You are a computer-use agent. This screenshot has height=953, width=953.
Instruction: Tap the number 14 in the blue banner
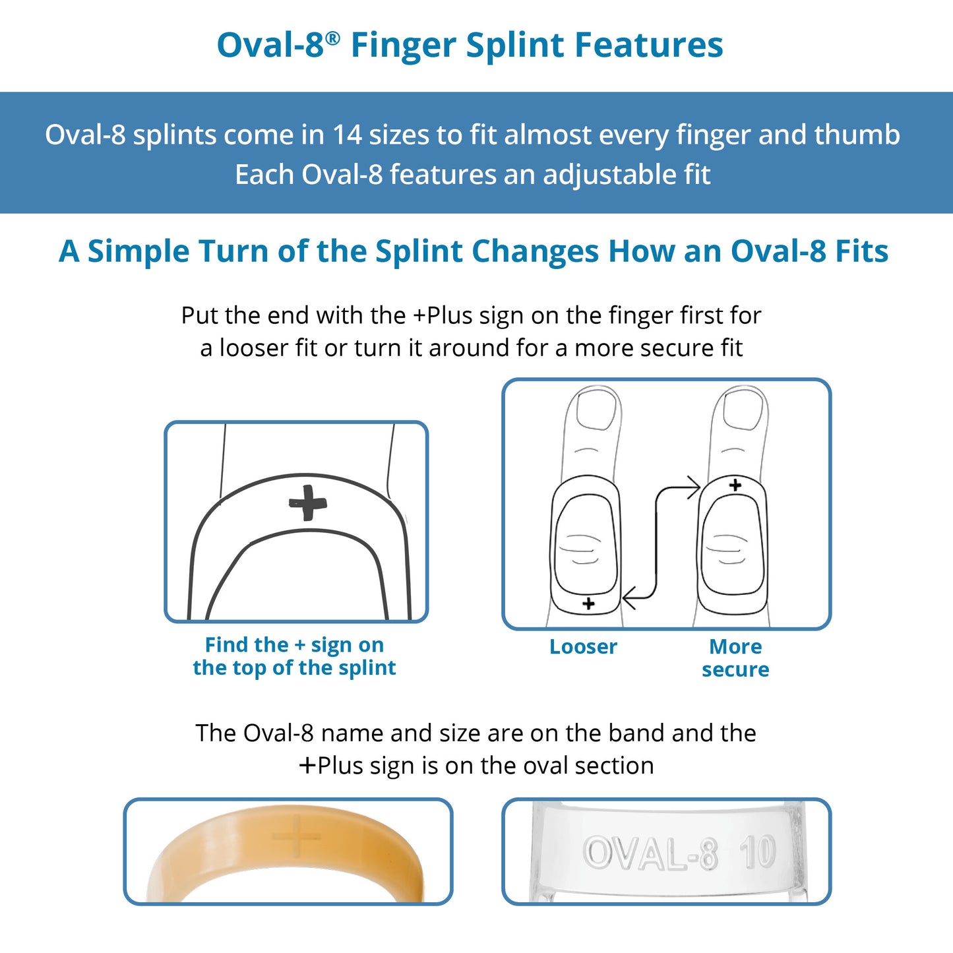coord(347,135)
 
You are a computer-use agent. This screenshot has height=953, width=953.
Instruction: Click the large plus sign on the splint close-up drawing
coord(307,503)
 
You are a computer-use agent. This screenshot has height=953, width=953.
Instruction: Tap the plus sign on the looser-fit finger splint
coord(589,603)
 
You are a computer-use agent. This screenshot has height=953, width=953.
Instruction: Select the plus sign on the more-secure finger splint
coord(735,485)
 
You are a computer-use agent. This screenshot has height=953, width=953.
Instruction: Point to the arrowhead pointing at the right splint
coord(694,488)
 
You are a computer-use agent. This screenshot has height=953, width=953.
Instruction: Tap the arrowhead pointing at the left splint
coord(629,598)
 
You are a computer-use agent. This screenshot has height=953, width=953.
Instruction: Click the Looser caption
coord(583,647)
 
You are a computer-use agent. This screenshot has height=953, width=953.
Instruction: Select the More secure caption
coord(735,658)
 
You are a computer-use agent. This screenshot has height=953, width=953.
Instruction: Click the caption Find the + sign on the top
coord(294,656)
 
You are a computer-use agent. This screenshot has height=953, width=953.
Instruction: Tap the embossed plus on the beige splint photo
coord(297,836)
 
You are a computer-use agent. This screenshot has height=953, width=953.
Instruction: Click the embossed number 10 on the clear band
coord(757,853)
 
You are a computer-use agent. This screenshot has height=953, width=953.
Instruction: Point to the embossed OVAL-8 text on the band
coord(650,853)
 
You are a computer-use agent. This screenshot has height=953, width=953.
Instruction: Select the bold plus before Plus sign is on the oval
coord(307,766)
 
